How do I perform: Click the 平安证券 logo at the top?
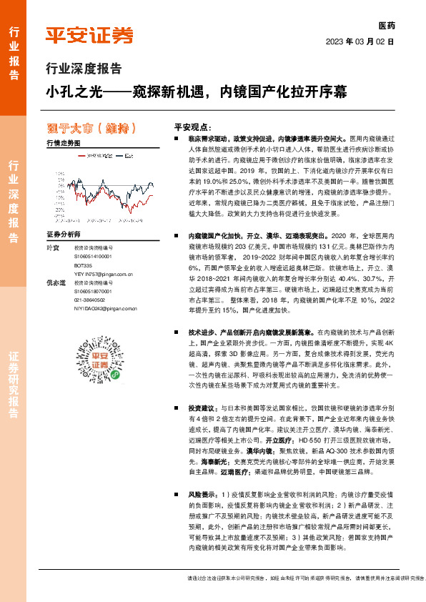click(x=89, y=35)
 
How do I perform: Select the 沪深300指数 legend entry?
click(x=98, y=155)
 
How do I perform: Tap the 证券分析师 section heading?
click(x=65, y=235)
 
